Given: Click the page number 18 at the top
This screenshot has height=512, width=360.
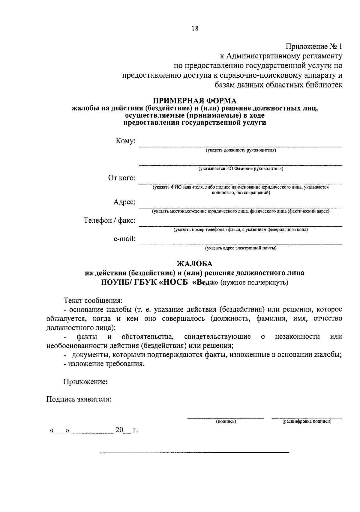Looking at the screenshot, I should point(195,29).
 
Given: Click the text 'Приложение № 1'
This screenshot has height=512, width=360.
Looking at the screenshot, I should point(313,46).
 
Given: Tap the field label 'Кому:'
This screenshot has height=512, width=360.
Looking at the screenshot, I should point(126,141).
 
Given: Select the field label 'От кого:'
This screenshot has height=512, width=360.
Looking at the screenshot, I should point(122,178).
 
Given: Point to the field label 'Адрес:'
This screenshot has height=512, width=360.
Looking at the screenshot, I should point(124,202).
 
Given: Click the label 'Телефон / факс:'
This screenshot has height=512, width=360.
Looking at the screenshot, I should point(109,221).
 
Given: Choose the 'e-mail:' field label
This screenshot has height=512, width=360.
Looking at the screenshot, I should point(124,239).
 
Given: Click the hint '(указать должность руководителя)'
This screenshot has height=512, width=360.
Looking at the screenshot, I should point(241,150).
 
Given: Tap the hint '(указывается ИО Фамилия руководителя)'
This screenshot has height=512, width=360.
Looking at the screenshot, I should point(241,169).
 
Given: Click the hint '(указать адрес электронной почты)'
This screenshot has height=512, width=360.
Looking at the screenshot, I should point(241,248).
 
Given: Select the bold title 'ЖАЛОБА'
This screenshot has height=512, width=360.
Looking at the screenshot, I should point(195,264).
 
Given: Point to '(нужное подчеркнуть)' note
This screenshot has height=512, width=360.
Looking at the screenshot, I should point(254,282).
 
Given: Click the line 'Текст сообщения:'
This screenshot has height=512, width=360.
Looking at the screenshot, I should point(93,300).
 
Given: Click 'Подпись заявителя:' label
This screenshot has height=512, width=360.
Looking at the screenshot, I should point(79,399).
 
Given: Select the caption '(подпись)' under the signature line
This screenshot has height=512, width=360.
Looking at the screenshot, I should point(226,421).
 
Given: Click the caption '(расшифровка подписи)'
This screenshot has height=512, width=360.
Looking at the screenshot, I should point(307,421).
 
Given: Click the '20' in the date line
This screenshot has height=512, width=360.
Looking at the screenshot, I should point(119,430).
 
